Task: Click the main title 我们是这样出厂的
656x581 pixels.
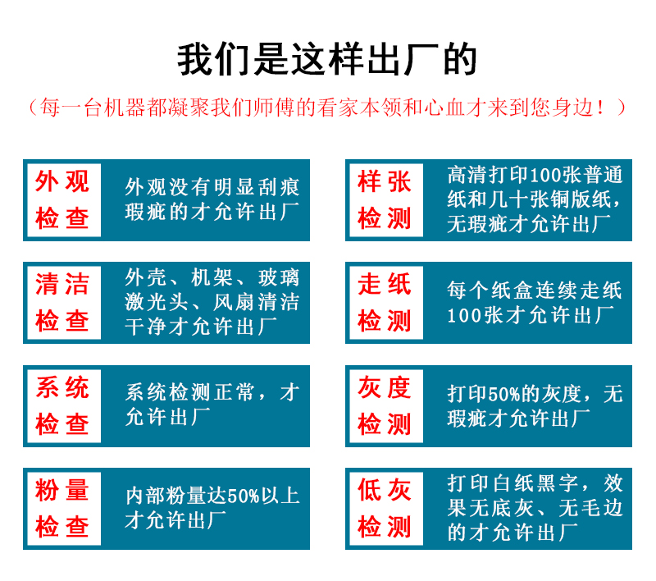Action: [327, 59]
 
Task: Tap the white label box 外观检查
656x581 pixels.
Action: [64, 200]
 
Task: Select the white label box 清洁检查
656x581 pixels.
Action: [64, 303]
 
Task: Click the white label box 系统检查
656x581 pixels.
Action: [64, 406]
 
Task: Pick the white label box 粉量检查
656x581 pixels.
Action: [64, 509]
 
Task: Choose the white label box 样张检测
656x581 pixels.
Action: [386, 200]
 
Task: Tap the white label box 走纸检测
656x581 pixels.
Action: [386, 303]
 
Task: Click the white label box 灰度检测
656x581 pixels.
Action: [386, 406]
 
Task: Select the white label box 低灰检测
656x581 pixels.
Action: [386, 509]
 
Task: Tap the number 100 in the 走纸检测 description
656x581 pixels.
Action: [464, 316]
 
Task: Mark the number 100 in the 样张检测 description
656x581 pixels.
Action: [545, 175]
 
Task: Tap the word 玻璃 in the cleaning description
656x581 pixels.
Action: [279, 277]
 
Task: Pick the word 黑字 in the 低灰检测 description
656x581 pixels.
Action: [558, 483]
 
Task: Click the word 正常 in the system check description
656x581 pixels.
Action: [235, 392]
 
